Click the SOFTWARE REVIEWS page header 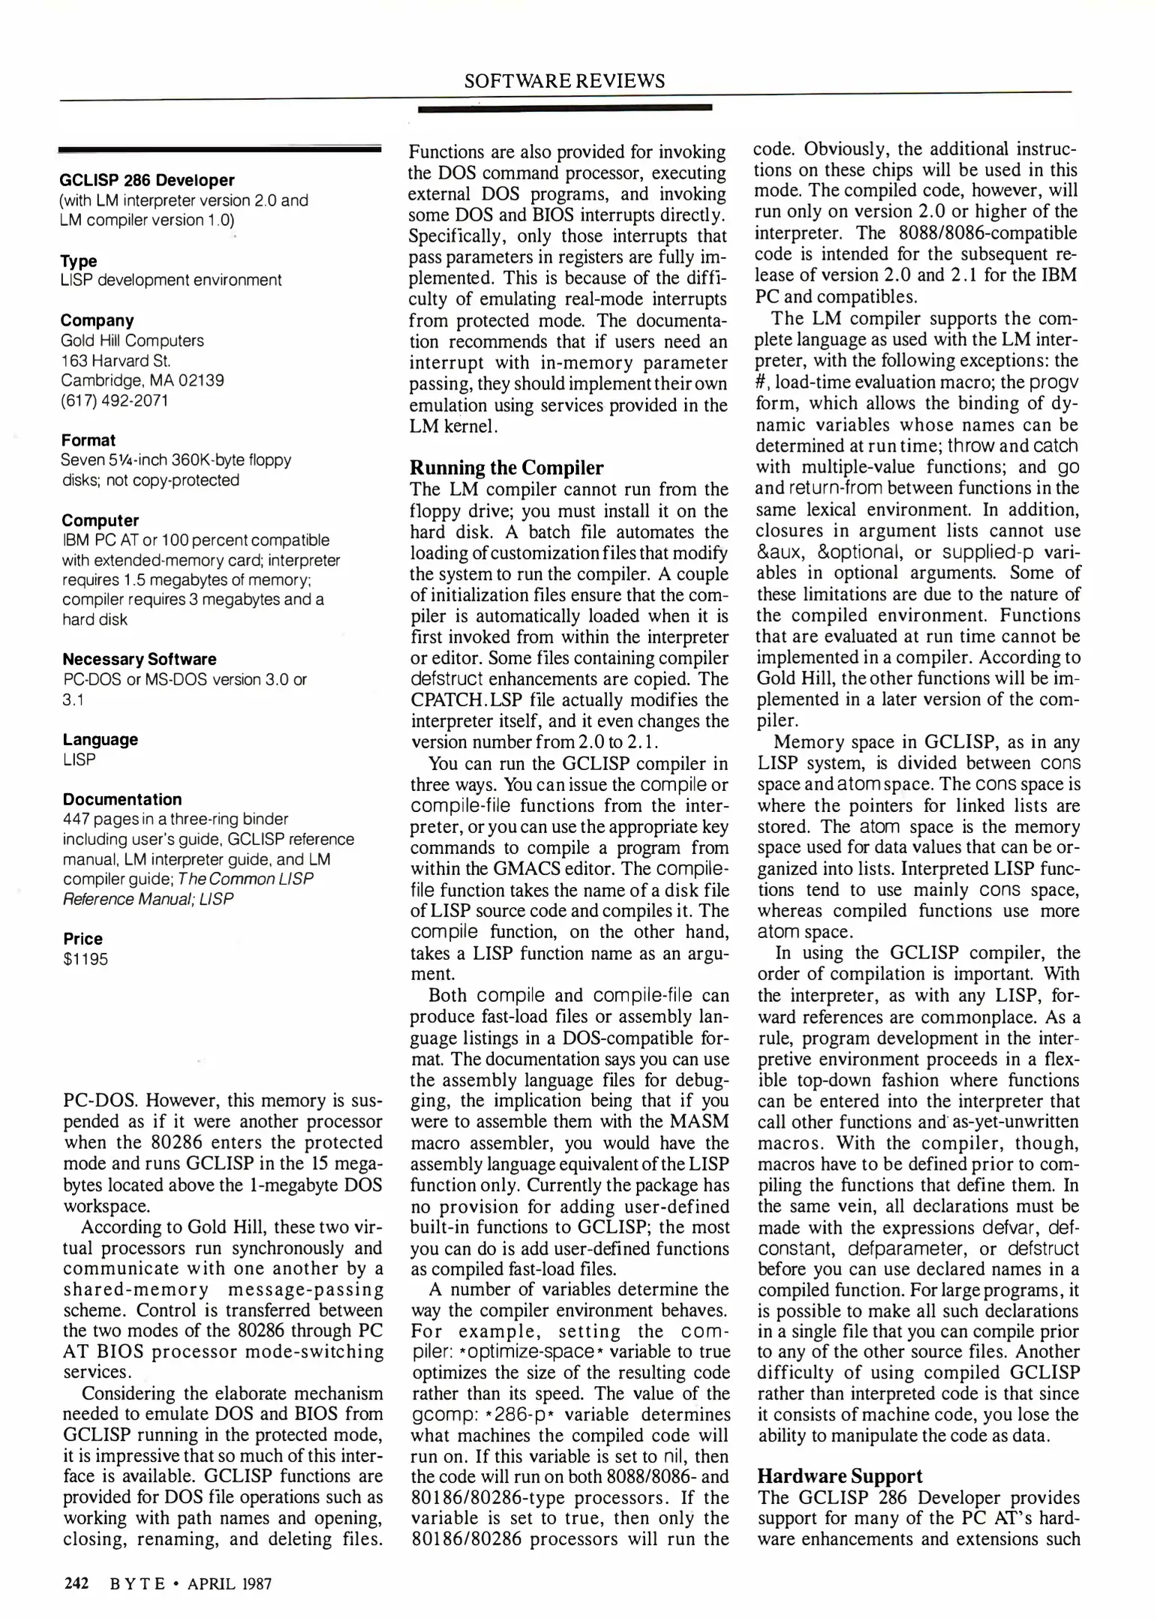[x=563, y=81]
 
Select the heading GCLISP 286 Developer [x=147, y=180]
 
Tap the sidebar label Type [x=79, y=260]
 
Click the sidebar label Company [x=97, y=320]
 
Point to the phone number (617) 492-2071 [x=114, y=400]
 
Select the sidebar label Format [x=89, y=440]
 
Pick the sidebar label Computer [x=100, y=520]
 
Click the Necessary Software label [x=140, y=659]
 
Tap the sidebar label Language [x=101, y=739]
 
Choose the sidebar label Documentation [x=122, y=799]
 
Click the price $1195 [x=86, y=959]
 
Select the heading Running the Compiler [x=506, y=468]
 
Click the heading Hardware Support [x=840, y=1476]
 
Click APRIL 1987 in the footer [x=230, y=1583]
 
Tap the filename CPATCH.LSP [x=460, y=700]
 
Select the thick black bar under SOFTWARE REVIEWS [x=564, y=109]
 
